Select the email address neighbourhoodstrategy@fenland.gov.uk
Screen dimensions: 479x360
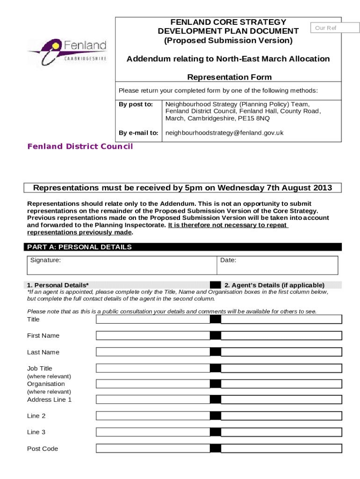[x=224, y=133]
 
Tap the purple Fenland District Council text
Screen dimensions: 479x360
[x=80, y=146]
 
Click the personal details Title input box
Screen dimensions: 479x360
[x=153, y=319]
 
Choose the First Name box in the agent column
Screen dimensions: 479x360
[x=281, y=335]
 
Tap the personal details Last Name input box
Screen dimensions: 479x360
[x=153, y=352]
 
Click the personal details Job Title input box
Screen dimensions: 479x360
[x=153, y=368]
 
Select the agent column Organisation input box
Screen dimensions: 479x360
[x=281, y=384]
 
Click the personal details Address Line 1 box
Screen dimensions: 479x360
[x=153, y=399]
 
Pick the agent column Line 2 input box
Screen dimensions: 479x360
[x=281, y=416]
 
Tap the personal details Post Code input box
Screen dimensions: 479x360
[x=153, y=449]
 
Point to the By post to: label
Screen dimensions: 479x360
[x=136, y=104]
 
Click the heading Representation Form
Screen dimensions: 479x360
[x=229, y=77]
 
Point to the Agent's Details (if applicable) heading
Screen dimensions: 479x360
[x=274, y=285]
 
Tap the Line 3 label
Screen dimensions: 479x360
[x=36, y=432]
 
